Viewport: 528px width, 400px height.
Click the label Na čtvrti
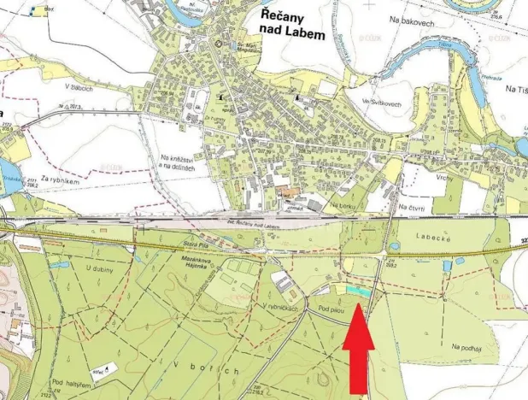(413, 206)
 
